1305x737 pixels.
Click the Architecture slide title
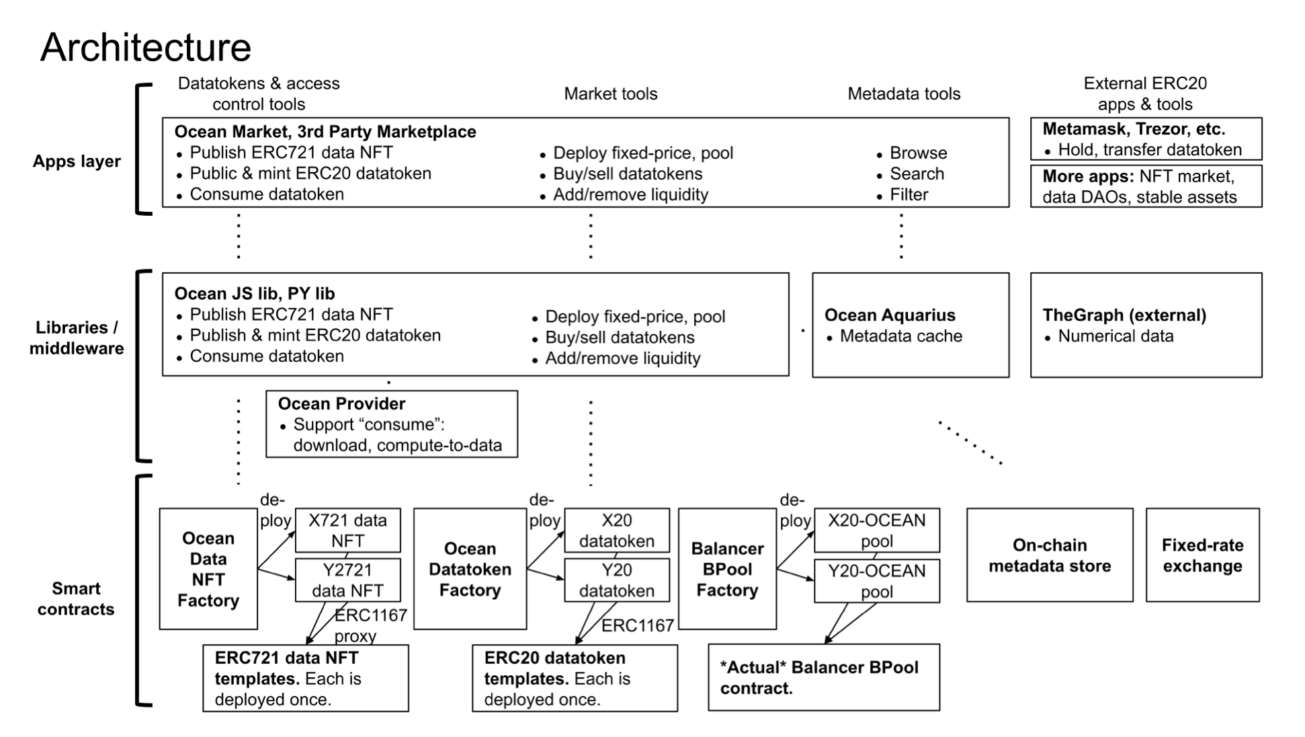click(146, 47)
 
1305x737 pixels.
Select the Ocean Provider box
click(391, 424)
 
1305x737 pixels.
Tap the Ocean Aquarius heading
click(889, 315)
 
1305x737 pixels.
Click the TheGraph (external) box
click(1145, 325)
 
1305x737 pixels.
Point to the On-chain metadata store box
click(1049, 555)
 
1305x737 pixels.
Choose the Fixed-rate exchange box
click(1202, 555)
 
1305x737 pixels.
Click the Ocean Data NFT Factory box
click(208, 569)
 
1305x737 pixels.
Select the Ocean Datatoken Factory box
click(470, 569)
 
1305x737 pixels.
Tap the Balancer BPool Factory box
click(727, 569)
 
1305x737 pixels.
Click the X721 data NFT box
click(347, 530)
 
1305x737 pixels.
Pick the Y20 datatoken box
click(616, 580)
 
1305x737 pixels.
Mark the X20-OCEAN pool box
click(876, 530)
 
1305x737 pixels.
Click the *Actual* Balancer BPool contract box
click(823, 677)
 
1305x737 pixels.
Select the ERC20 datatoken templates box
click(575, 678)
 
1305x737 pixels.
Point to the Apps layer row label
click(77, 161)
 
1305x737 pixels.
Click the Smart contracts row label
click(76, 598)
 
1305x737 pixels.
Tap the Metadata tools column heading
click(904, 94)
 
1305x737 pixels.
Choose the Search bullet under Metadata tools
click(917, 174)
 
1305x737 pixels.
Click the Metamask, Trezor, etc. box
click(1145, 139)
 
